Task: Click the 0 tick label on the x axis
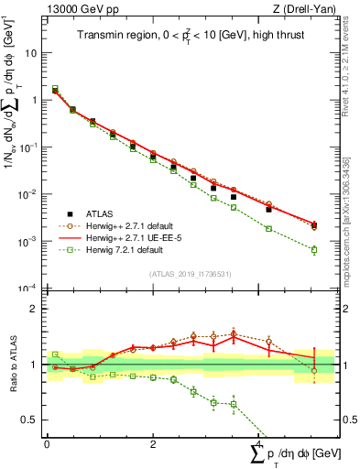[47, 444]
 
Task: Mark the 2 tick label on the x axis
[151, 444]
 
